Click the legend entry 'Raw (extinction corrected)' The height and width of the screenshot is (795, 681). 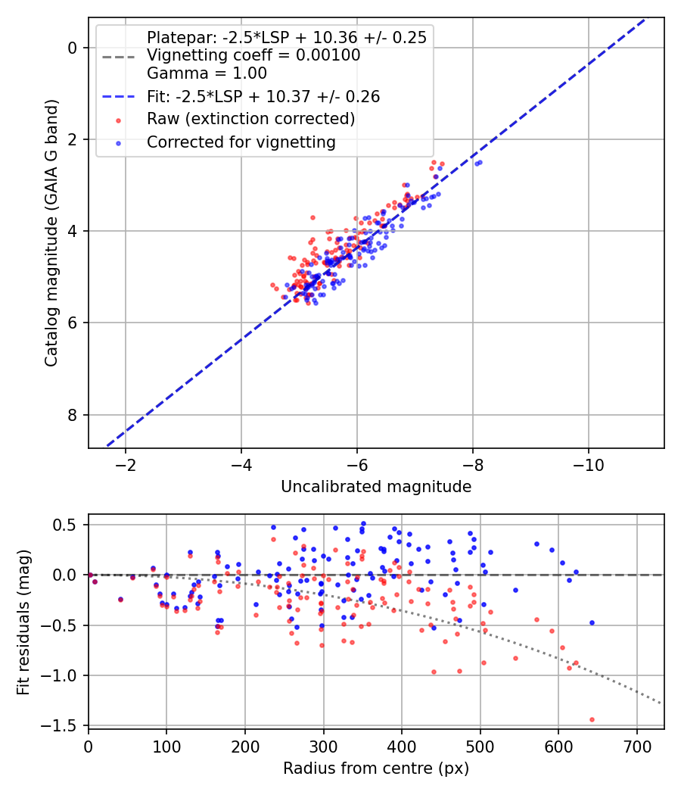click(x=250, y=120)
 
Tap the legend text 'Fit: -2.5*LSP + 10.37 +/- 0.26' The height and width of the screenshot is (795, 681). click(x=263, y=97)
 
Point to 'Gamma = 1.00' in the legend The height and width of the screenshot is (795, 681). click(x=207, y=73)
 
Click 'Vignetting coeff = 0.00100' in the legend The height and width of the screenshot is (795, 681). click(x=253, y=55)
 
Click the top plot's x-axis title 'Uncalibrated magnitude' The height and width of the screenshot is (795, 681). click(x=376, y=487)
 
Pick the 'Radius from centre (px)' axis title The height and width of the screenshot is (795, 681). click(x=376, y=768)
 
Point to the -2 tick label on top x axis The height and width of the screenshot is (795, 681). click(x=126, y=464)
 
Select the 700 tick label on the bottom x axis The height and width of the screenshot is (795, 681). click(x=636, y=747)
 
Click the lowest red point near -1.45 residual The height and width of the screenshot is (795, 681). click(x=592, y=719)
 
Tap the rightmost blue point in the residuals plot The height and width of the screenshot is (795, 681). click(x=592, y=622)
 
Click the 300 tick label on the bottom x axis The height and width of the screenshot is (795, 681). click(x=323, y=747)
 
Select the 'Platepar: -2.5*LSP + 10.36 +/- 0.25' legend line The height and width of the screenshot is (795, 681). click(x=286, y=37)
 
